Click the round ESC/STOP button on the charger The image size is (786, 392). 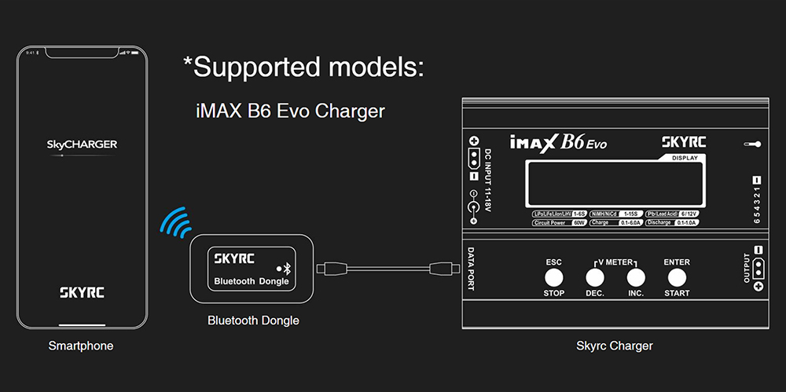pyautogui.click(x=554, y=277)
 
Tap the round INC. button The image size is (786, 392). pyautogui.click(x=636, y=277)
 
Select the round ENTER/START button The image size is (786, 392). pyautogui.click(x=676, y=277)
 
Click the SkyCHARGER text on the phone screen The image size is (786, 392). pyautogui.click(x=82, y=145)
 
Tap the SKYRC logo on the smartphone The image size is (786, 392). pyautogui.click(x=82, y=292)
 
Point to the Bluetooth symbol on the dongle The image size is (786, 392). pyautogui.click(x=287, y=268)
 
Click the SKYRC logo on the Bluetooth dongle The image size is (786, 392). pyautogui.click(x=232, y=258)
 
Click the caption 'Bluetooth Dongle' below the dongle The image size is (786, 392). pyautogui.click(x=253, y=321)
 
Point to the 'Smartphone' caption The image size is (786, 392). pyautogui.click(x=81, y=346)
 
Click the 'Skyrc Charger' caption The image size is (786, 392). pyautogui.click(x=615, y=346)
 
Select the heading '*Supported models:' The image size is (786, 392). pyautogui.click(x=303, y=66)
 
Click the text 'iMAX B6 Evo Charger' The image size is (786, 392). pyautogui.click(x=290, y=111)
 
